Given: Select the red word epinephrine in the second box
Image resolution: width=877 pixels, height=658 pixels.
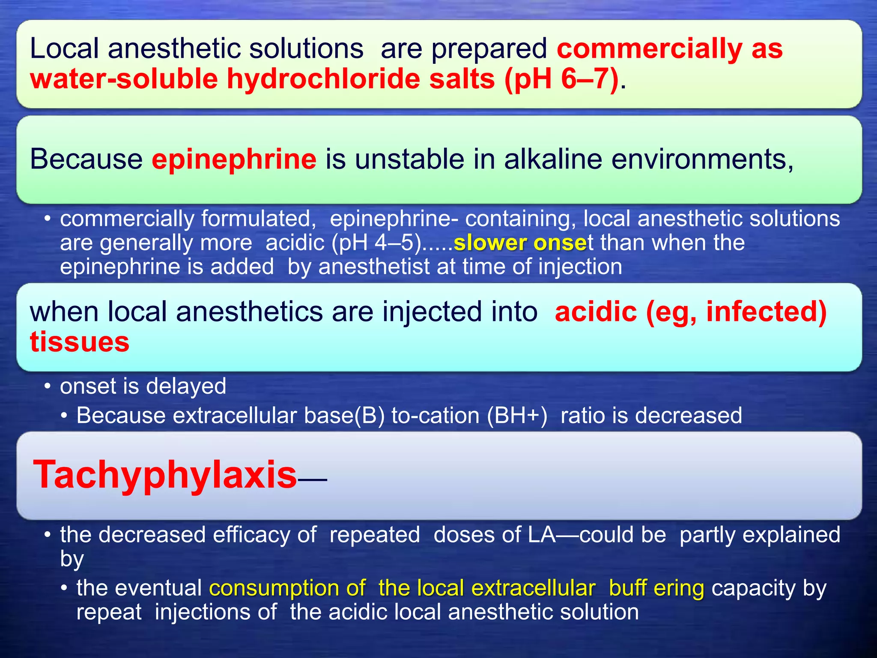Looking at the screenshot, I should click(234, 159).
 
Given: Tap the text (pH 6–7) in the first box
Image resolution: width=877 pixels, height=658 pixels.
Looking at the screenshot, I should click(561, 79).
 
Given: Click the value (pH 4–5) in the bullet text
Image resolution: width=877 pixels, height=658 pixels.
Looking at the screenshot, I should click(376, 243).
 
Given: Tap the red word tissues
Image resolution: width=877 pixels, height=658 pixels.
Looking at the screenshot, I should click(80, 342).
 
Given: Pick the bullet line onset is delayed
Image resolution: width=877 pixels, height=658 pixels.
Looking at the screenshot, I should click(143, 386).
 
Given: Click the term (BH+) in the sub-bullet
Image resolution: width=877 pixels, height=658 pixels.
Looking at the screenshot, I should click(517, 416).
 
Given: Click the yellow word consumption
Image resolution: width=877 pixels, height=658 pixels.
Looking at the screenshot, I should click(287, 588).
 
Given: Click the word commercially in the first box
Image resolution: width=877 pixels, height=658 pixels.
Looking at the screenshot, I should click(649, 48).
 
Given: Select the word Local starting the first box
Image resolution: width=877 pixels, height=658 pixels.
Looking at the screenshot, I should click(64, 48).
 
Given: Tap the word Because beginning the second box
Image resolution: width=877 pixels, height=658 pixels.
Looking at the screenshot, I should click(86, 159).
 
